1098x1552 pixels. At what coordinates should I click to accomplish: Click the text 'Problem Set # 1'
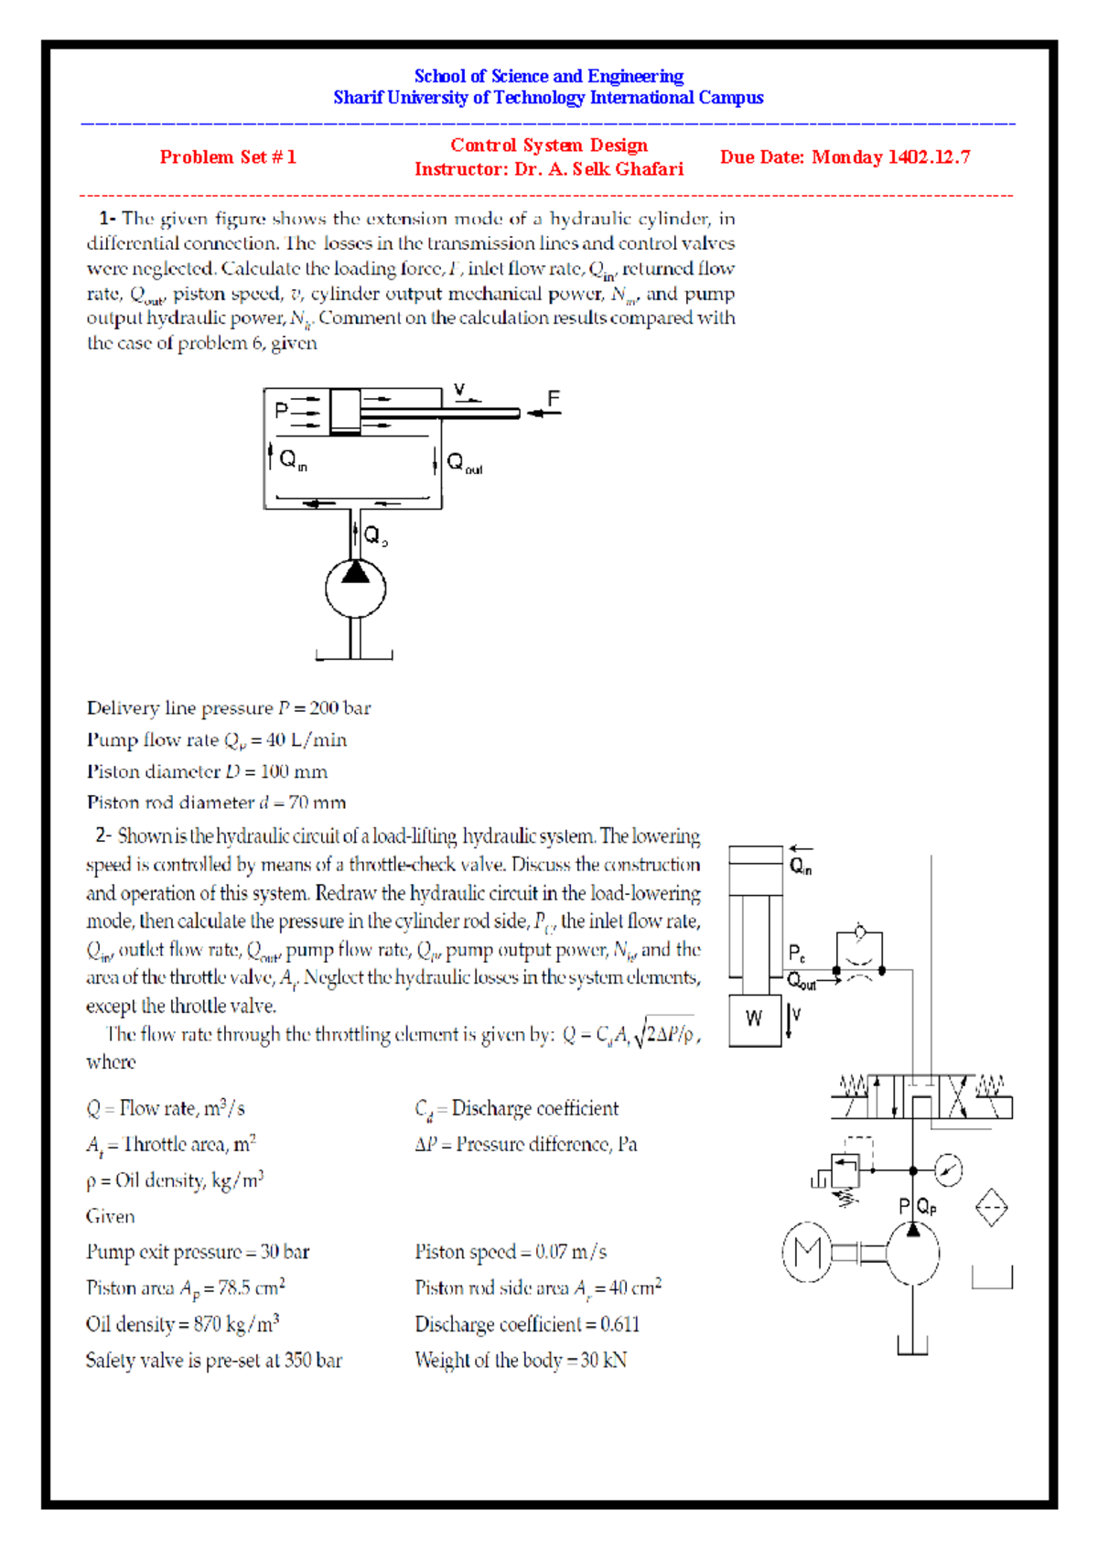[228, 157]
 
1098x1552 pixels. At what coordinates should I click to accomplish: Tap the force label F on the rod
[553, 399]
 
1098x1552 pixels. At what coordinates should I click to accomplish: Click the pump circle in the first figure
[355, 588]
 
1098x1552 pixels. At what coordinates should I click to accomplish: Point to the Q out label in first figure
[463, 463]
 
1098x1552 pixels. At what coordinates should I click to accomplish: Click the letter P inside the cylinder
[282, 412]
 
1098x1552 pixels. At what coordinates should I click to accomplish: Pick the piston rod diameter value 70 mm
[317, 803]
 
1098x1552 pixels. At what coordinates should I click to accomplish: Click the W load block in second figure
[755, 1019]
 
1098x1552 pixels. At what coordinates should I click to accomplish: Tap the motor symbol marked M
[807, 1252]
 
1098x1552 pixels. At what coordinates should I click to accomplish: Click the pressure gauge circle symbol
[949, 1170]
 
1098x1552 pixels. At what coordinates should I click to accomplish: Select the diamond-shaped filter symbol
[991, 1209]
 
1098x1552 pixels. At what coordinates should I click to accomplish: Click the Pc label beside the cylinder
[796, 954]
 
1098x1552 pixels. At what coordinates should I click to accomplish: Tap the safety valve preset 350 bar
[313, 1361]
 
